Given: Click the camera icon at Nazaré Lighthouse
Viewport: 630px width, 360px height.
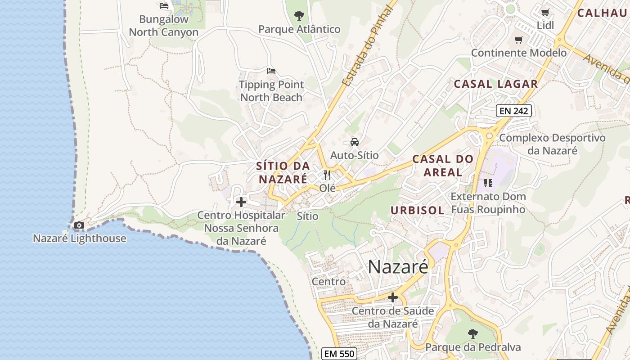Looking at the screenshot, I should coord(79,225).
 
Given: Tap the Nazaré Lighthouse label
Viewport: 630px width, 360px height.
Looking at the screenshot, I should coord(80,238).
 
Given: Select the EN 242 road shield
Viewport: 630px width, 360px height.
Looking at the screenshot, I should coord(514,111).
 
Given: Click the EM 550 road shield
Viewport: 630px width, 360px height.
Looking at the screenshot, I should coord(340,354).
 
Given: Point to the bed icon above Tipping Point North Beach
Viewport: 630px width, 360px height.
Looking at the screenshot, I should coord(271,71).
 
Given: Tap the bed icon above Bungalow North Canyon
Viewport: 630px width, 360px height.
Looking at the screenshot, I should coord(164,6).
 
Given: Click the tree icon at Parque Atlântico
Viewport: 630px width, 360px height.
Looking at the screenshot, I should coord(299,16).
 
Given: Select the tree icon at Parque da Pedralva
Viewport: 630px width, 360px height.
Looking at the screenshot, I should coord(472,334).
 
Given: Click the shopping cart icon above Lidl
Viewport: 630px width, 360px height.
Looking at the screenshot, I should coord(545,13).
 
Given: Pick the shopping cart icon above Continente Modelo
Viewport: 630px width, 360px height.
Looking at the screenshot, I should coord(518,40).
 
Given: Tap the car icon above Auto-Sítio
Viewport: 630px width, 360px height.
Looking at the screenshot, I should coord(355,142).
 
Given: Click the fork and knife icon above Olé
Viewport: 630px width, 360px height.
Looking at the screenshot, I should coord(327,175).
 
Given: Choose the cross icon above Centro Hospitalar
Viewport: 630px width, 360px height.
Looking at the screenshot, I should coord(241,202).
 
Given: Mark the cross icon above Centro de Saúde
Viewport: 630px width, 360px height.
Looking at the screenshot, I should coord(393,297).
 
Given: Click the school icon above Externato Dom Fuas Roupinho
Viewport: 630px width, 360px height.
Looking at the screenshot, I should coord(488,183).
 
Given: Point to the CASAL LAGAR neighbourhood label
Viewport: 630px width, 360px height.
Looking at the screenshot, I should coord(495,84).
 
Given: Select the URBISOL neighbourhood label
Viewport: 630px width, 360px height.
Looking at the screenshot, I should coord(417,210).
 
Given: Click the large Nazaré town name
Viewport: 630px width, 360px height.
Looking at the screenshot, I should coord(398,267).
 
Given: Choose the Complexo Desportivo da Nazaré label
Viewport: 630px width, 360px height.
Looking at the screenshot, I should coord(552,144).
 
